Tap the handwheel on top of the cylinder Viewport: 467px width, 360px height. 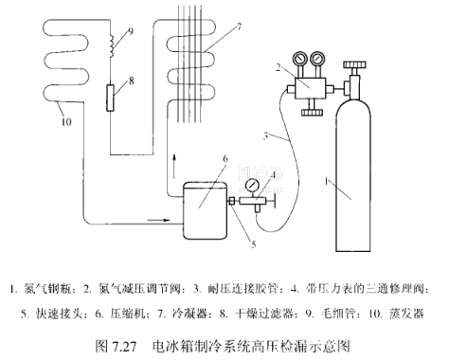355,64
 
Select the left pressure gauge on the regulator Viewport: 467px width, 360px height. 299,59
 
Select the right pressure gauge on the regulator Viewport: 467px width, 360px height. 317,59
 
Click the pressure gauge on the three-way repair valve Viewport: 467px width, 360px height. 252,185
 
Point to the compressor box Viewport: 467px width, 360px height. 206,210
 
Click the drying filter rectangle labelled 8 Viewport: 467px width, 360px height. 110,98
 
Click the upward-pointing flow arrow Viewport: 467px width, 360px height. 174,166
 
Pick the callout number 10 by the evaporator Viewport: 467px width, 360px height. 66,121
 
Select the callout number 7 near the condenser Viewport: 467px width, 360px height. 239,27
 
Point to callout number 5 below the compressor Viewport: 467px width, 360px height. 253,244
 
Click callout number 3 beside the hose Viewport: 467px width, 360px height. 266,136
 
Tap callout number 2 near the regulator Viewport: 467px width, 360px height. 278,68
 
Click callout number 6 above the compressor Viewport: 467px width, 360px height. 225,158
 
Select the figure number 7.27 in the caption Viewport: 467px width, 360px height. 124,347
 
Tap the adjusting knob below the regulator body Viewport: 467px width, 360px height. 313,112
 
